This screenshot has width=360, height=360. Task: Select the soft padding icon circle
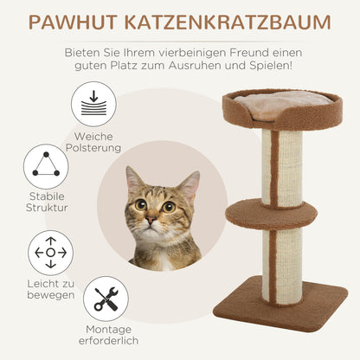(93, 105)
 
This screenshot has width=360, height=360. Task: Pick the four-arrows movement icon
(50, 253)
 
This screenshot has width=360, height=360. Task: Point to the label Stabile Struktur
(47, 202)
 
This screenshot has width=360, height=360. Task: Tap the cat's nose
(151, 222)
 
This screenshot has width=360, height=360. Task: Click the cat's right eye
(168, 206)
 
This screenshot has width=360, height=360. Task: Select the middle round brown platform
(270, 214)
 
